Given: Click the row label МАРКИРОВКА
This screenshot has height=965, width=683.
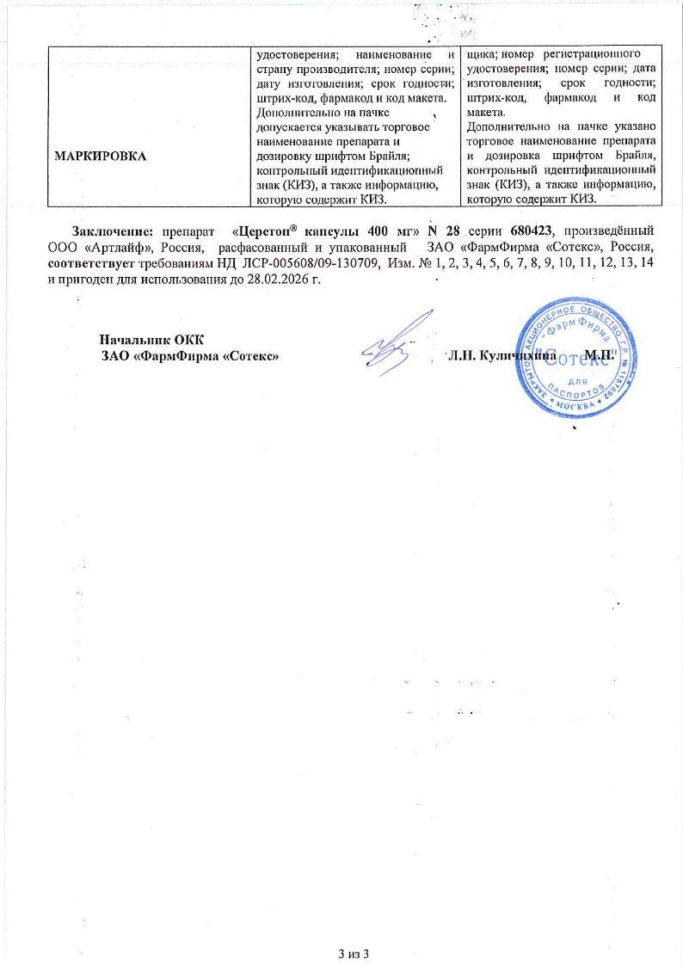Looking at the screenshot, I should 100,155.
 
